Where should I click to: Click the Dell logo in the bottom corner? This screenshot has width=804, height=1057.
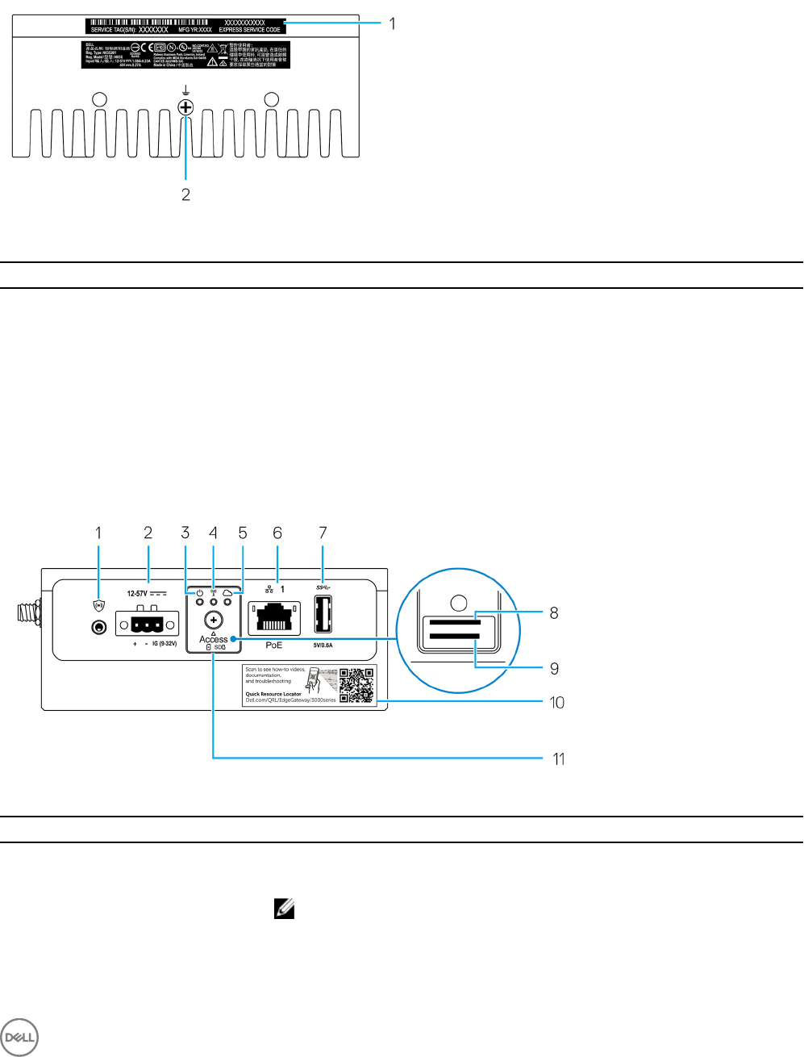point(20,1037)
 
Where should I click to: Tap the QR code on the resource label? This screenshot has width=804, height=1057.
point(356,685)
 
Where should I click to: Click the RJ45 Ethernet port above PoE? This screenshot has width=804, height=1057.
point(274,617)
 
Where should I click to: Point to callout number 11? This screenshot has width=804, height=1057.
point(559,758)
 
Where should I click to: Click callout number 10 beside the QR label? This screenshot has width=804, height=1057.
point(556,703)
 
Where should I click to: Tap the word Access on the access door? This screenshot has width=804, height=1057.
point(214,639)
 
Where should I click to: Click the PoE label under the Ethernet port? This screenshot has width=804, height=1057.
point(274,645)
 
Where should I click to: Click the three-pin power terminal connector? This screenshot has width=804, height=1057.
point(141,625)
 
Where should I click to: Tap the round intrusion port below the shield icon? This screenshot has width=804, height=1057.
point(99,627)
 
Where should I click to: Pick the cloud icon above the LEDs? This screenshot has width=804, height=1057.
point(227,592)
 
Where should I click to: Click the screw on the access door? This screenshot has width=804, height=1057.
point(214,620)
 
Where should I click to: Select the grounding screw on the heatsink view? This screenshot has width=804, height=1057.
point(185,107)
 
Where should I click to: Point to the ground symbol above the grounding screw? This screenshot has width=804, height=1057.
point(185,90)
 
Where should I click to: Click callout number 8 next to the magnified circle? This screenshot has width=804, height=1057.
point(554,613)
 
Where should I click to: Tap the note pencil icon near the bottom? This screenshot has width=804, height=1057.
point(285,910)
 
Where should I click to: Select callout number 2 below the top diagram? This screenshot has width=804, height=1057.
point(185,194)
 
